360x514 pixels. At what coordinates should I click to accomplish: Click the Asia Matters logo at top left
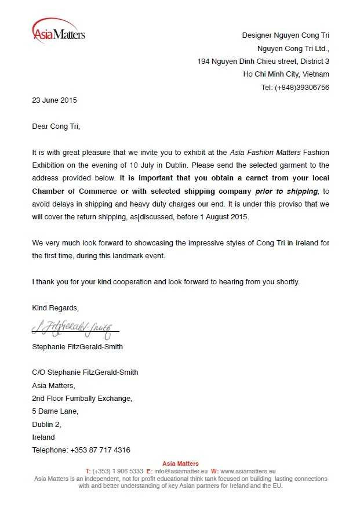pyautogui.click(x=59, y=32)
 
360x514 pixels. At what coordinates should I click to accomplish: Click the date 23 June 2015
pyautogui.click(x=54, y=100)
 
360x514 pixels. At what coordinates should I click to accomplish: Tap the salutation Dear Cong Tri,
pyautogui.click(x=56, y=125)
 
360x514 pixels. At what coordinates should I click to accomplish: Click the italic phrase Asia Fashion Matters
pyautogui.click(x=265, y=153)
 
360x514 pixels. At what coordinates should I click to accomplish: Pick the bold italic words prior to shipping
pyautogui.click(x=286, y=191)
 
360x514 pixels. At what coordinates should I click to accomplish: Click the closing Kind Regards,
pyautogui.click(x=55, y=307)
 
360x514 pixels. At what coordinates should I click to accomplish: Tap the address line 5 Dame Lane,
pyautogui.click(x=55, y=411)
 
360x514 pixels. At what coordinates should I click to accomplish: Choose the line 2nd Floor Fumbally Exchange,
pyautogui.click(x=82, y=399)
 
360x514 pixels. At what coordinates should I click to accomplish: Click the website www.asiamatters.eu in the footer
pyautogui.click(x=248, y=471)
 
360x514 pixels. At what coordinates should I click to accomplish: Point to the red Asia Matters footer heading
pyautogui.click(x=180, y=464)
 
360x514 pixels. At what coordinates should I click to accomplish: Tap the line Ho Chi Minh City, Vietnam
pyautogui.click(x=286, y=74)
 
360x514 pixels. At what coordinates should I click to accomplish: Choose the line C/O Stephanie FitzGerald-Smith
pyautogui.click(x=85, y=372)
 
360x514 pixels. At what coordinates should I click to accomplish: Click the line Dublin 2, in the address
pyautogui.click(x=46, y=424)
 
